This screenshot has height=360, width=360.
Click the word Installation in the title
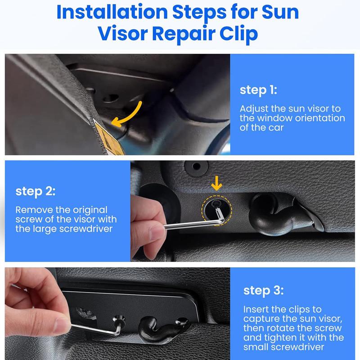(112, 12)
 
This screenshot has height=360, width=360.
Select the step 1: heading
(258, 90)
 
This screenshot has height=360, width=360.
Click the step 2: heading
(36, 191)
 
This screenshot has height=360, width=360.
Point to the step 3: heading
(263, 291)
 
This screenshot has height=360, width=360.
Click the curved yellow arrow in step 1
(132, 117)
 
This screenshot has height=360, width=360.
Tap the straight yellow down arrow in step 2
(216, 183)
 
